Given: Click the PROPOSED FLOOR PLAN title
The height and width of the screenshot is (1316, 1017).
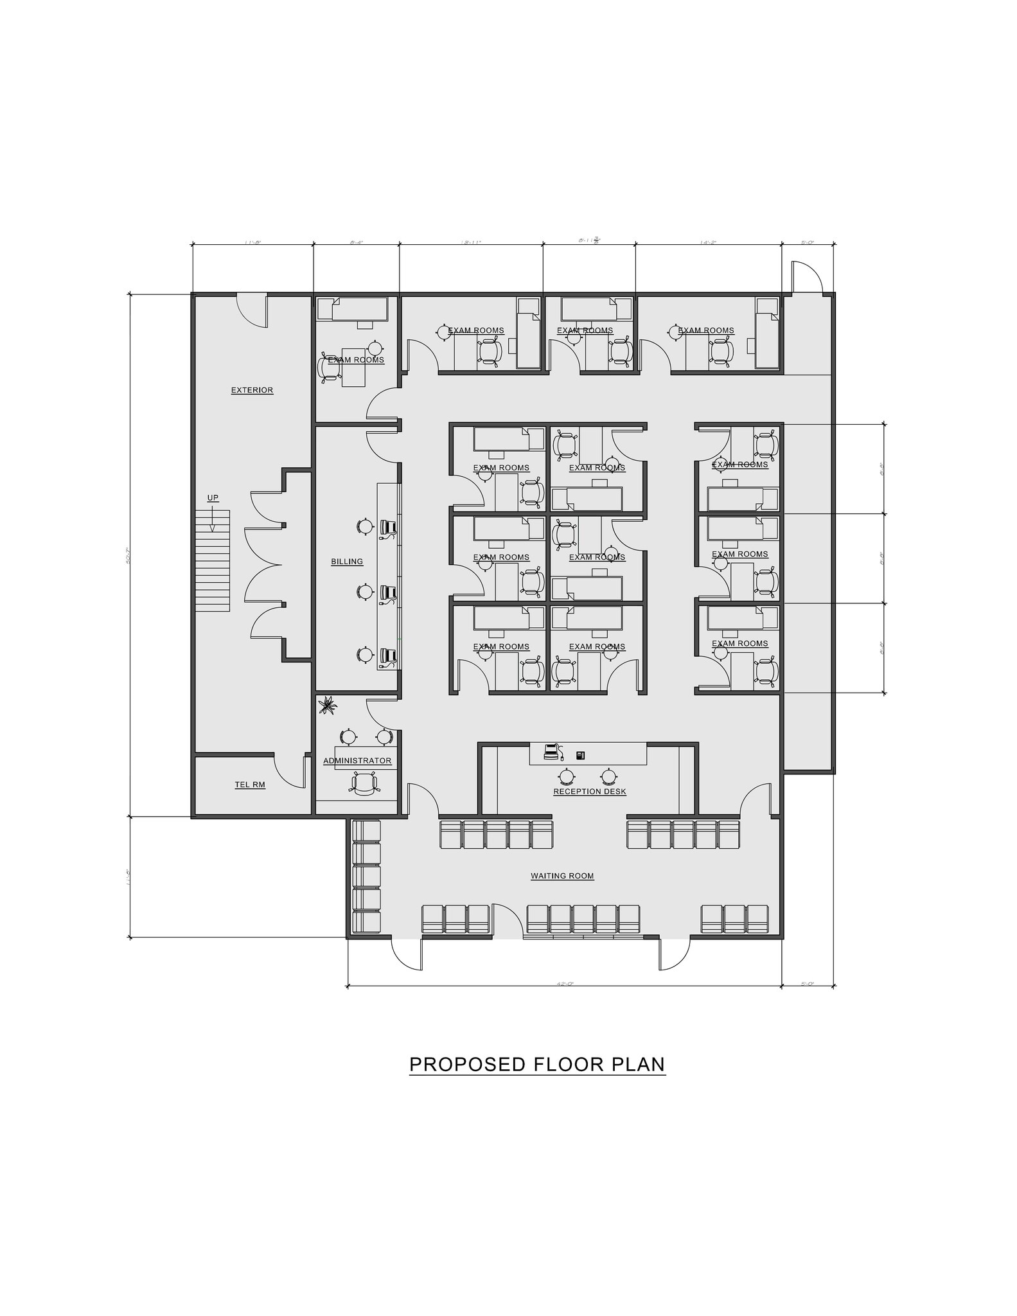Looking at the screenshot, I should pyautogui.click(x=537, y=1064).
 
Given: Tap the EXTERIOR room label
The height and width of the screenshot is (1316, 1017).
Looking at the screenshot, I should pyautogui.click(x=252, y=390).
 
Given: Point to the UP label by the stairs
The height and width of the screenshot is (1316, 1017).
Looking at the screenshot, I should pyautogui.click(x=213, y=498).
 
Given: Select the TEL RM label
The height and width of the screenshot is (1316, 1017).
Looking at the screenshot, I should pyautogui.click(x=250, y=785).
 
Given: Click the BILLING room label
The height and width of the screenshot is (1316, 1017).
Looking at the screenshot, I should pyautogui.click(x=347, y=562).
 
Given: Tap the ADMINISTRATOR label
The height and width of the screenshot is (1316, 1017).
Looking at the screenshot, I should pyautogui.click(x=357, y=761).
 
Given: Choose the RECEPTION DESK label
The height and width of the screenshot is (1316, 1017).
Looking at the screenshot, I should pyautogui.click(x=589, y=792).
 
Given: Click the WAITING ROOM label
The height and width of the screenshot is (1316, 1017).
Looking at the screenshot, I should pyautogui.click(x=562, y=876).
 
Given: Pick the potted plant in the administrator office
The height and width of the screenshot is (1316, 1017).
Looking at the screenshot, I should pyautogui.click(x=328, y=705).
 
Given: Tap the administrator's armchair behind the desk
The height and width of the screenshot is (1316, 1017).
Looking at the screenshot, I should pyautogui.click(x=363, y=783).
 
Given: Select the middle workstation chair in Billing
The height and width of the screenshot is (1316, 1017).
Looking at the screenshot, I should pyautogui.click(x=387, y=592).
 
